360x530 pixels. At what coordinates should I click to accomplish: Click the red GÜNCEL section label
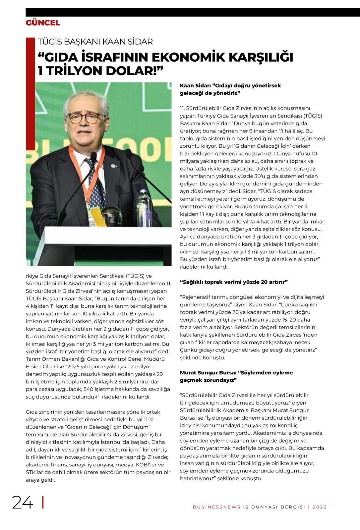(43, 23)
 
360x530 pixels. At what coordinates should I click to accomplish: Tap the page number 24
(23, 503)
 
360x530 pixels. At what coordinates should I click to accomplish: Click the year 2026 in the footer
(320, 507)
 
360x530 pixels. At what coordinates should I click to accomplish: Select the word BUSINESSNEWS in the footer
(216, 507)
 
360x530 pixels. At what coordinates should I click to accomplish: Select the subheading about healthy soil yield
(234, 282)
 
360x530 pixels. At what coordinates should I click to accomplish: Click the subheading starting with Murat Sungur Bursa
(236, 376)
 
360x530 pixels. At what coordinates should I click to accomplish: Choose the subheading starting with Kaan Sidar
(230, 89)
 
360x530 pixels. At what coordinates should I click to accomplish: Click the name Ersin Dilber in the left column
(39, 366)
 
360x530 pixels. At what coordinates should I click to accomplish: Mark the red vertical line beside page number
(43, 502)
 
